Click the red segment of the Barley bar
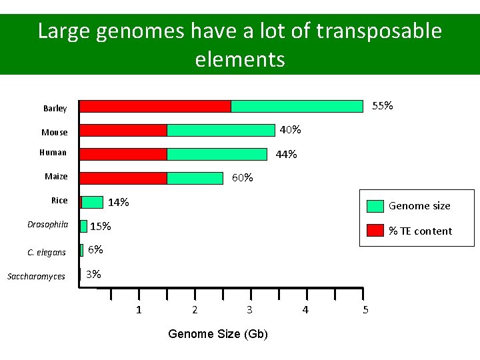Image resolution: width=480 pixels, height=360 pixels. pos(155,106)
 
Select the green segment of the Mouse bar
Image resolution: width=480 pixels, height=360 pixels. pos(221,130)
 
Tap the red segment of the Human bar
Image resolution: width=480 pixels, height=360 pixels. pos(123,154)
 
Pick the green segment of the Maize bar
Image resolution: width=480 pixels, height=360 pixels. pos(195,178)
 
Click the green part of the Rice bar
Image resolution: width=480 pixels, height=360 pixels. pos(93,202)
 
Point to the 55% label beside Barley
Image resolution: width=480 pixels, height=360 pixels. pos(382,105)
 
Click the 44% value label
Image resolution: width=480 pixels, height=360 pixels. pos(287,154)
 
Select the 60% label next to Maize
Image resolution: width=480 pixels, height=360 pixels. pos(242,177)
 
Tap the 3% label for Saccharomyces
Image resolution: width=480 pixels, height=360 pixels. pos(93,274)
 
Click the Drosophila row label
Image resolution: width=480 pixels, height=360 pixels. pos(47,225)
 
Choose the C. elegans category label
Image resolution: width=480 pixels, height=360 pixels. pos(47,253)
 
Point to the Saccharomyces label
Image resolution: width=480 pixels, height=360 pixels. pos(36,277)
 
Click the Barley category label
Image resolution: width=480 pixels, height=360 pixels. pos(55,109)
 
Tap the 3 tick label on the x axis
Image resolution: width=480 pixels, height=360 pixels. pos(249,310)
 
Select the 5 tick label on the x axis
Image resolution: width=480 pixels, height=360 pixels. pos(365,310)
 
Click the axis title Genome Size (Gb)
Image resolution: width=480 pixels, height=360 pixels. pos(218,333)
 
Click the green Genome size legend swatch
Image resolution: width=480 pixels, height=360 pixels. pos(376,205)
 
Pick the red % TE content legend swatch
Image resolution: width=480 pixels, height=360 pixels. pos(376,231)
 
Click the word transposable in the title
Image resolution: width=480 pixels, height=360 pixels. pos(379,31)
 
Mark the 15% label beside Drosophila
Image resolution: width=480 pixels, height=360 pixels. pos(100,226)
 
